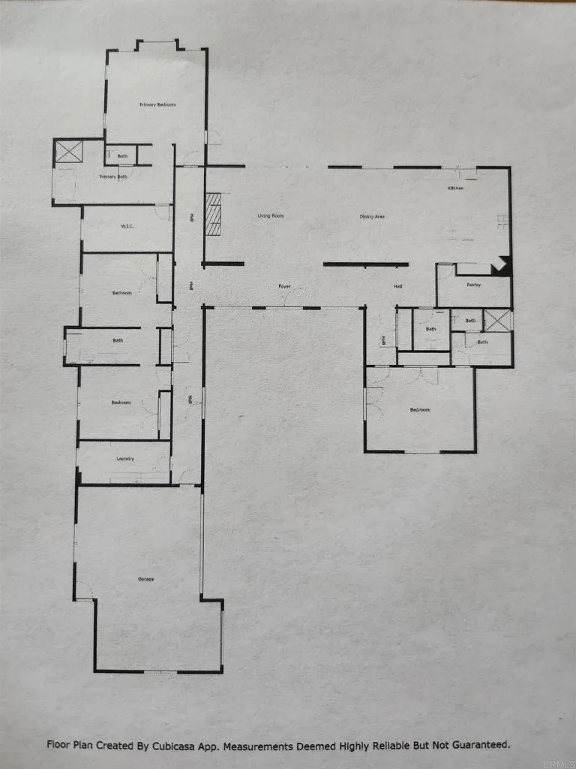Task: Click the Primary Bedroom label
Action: (x=157, y=104)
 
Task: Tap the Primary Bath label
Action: (x=113, y=176)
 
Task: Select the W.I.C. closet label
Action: (x=127, y=227)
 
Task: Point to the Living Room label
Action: (x=271, y=216)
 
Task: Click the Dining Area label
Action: (x=372, y=216)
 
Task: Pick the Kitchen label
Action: (x=455, y=188)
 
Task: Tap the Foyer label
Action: (x=284, y=286)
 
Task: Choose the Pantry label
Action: (x=473, y=285)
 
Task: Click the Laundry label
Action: (x=124, y=458)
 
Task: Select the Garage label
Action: (x=145, y=578)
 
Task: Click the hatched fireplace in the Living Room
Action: (x=214, y=216)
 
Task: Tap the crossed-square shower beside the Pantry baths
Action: (x=497, y=320)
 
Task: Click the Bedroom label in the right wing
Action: (x=420, y=410)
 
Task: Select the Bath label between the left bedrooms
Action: (x=118, y=341)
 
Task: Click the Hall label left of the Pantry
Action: (x=398, y=286)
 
